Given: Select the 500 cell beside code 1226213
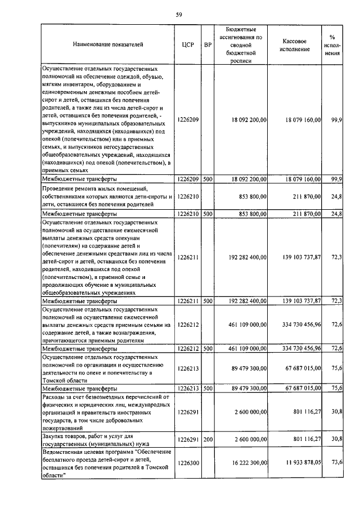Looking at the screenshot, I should click(208, 388).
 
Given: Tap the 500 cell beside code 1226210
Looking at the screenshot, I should click(208, 214).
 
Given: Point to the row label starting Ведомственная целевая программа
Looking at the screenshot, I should click(105, 463).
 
